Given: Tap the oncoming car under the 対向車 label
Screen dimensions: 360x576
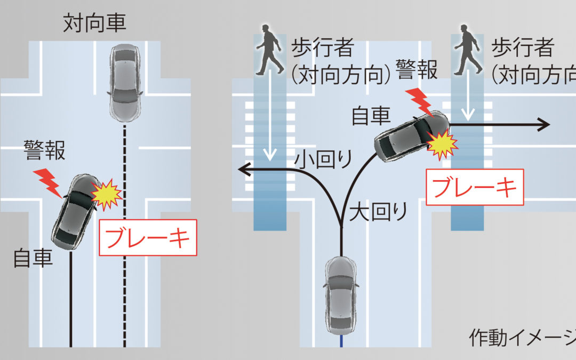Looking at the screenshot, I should tap(125, 83).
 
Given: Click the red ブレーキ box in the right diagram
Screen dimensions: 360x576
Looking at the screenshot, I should tap(474, 187).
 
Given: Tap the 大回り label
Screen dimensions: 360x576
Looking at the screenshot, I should tap(378, 212).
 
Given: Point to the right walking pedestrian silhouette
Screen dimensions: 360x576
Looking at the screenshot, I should tap(468, 52).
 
